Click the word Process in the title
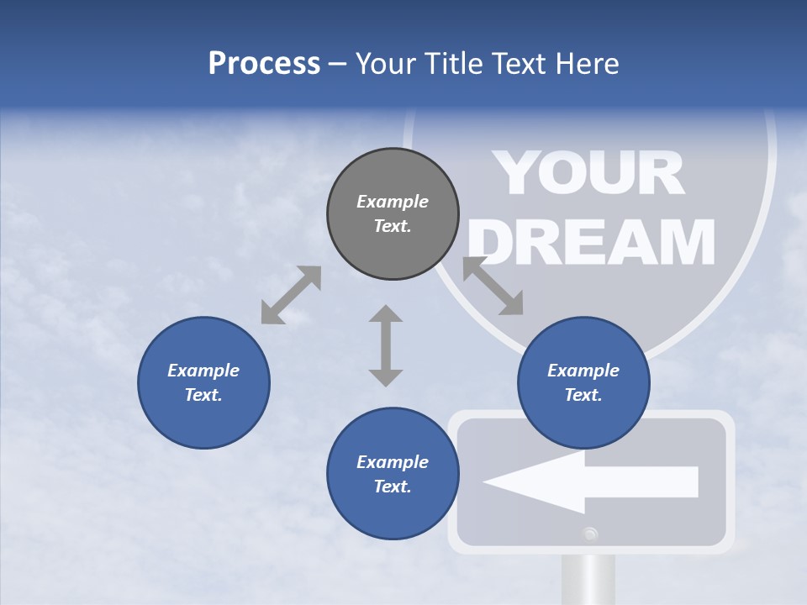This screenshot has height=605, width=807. [264, 64]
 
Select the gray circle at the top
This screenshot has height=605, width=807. [393, 213]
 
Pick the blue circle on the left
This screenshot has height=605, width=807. [203, 382]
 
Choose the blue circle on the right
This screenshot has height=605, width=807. [583, 382]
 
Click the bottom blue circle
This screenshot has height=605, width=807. [393, 474]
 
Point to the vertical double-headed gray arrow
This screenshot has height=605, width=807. [386, 345]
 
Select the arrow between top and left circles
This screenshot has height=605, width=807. [291, 295]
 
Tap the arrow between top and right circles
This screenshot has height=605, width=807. [493, 286]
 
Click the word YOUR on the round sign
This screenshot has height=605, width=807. [588, 174]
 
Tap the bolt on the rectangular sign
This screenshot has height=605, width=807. [590, 533]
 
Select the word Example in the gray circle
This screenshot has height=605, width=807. [393, 202]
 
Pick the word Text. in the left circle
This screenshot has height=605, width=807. [203, 395]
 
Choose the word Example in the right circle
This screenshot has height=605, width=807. [583, 371]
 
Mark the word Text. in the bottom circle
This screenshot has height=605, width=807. [393, 487]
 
